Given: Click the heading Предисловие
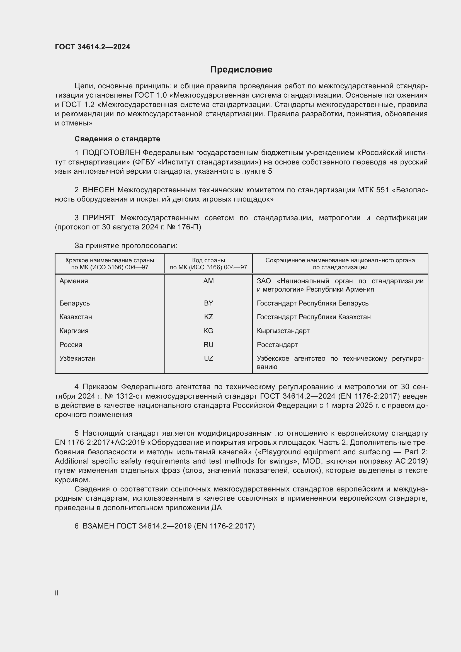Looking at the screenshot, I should point(241,70).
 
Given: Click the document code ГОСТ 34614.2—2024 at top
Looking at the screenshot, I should point(93,47).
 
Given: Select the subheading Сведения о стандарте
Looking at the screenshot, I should point(117,139).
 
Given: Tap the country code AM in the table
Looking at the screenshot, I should point(208,281).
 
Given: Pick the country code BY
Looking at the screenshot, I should point(208,303).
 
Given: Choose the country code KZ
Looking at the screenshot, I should point(208,317).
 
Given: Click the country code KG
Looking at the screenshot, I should point(208,331).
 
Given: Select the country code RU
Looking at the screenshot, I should point(208,345).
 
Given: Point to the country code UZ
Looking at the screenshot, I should point(208,358).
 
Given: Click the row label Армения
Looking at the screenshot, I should point(74,281).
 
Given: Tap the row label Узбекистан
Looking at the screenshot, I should point(77,358).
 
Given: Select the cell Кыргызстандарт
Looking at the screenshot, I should point(283,331).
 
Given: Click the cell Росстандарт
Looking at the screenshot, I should point(277,345).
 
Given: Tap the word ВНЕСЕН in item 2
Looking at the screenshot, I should point(98,190).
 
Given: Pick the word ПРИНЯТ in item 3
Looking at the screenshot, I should point(98,218).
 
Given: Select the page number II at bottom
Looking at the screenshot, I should point(57,593).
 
